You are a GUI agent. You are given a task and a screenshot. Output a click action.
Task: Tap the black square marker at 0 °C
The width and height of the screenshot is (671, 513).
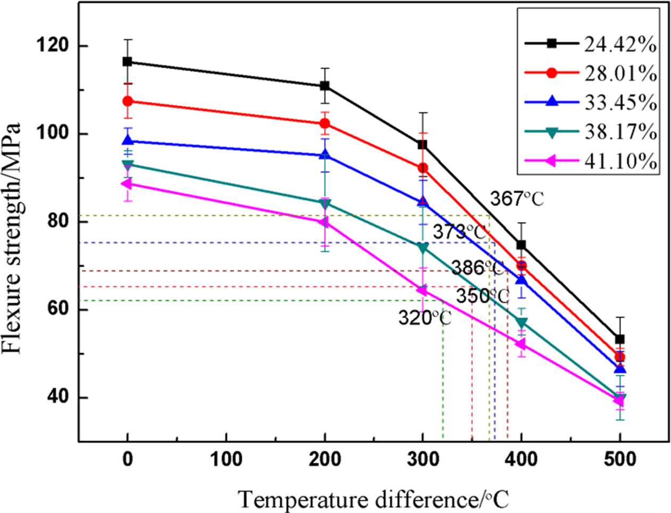coord(127,62)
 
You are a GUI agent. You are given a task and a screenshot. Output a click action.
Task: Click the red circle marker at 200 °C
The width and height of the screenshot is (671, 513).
coord(324,123)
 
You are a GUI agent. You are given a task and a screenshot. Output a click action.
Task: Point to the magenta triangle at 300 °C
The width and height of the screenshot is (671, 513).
coord(422,291)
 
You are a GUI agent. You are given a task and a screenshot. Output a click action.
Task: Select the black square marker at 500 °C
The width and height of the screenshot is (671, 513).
coord(620,339)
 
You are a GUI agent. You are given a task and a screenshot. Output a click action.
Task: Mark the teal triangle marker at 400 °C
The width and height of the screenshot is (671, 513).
coord(521,323)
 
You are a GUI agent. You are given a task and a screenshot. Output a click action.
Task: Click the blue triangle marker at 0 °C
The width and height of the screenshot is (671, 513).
coord(127,140)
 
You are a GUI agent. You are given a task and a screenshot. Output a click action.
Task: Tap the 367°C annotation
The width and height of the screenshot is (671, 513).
coord(517,200)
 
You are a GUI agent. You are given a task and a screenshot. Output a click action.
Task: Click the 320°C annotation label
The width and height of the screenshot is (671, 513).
coord(425,318)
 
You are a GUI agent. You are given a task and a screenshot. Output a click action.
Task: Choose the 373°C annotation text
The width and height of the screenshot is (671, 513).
coord(459,233)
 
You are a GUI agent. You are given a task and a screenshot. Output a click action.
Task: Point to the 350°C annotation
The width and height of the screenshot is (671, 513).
coord(482,296)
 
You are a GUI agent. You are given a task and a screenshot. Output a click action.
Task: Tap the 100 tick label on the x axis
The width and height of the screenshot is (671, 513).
coord(226,458)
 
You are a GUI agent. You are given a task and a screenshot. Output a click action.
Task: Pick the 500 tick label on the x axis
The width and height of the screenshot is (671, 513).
coord(620,458)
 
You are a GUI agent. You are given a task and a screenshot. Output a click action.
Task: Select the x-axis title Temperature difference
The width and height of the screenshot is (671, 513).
coord(373,500)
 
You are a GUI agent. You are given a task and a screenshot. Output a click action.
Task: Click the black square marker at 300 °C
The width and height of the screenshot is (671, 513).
coord(423,145)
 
